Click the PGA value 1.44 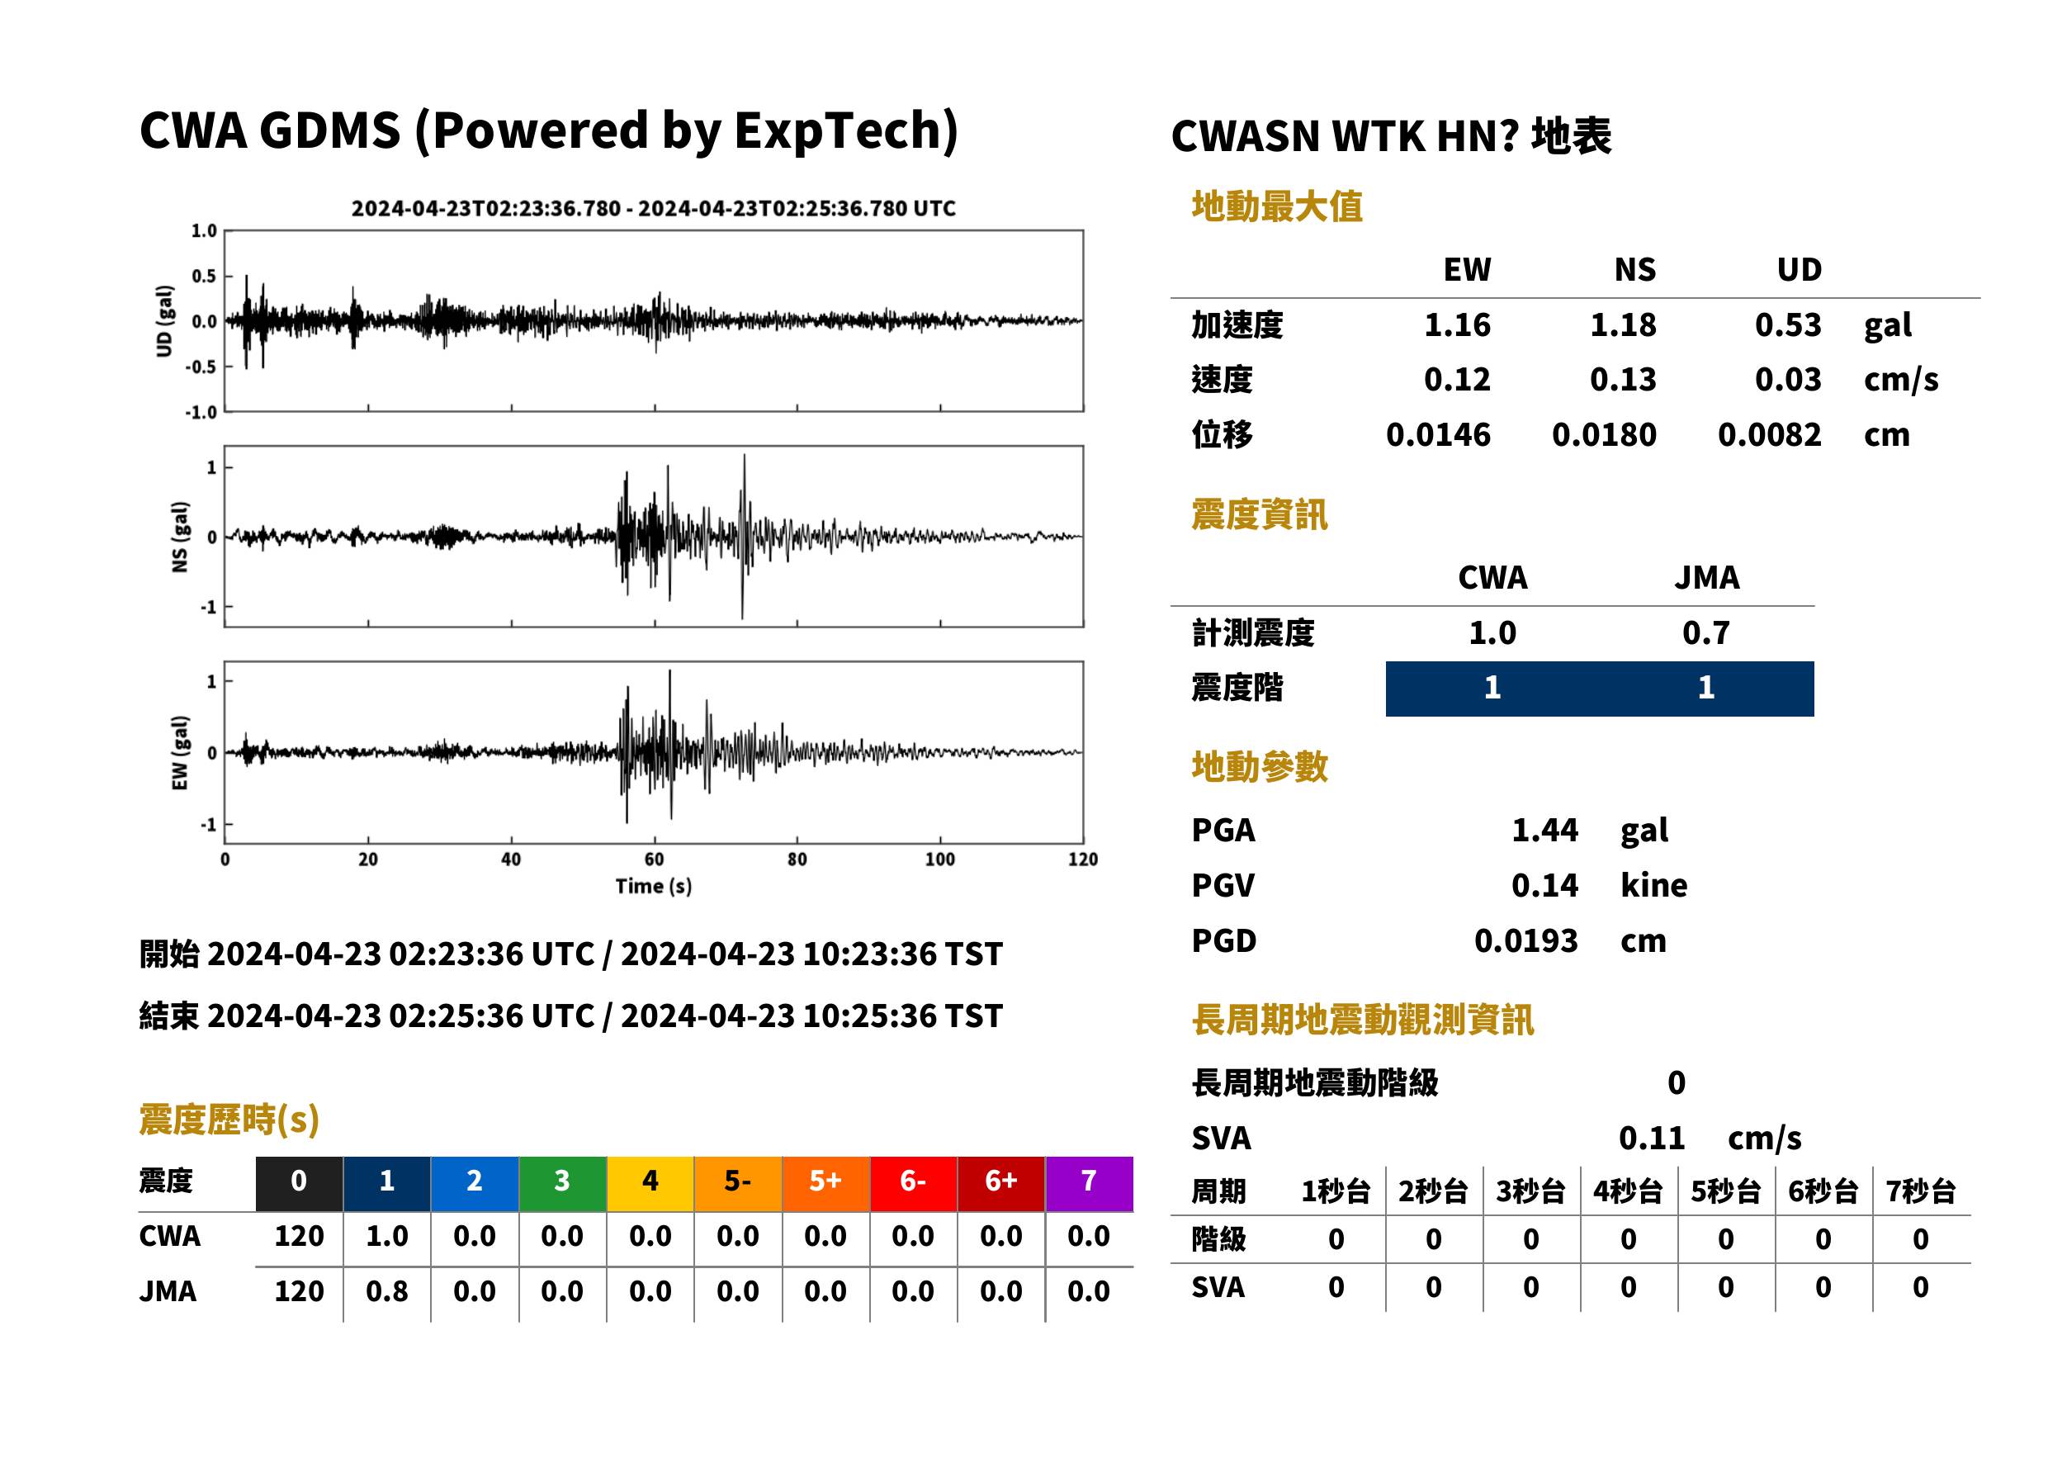pyautogui.click(x=1544, y=830)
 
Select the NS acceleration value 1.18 pyautogui.click(x=1623, y=324)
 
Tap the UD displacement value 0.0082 pyautogui.click(x=1769, y=434)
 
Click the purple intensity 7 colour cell pyautogui.click(x=1089, y=1182)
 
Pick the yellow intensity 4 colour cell pyautogui.click(x=650, y=1182)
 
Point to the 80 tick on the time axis pyautogui.click(x=797, y=859)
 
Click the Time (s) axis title pyautogui.click(x=654, y=887)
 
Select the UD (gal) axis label pyautogui.click(x=164, y=320)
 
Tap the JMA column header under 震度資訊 pyautogui.click(x=1707, y=577)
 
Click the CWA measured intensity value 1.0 pyautogui.click(x=1492, y=632)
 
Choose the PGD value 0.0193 pyautogui.click(x=1525, y=940)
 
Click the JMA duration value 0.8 pyautogui.click(x=386, y=1291)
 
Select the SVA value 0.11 pyautogui.click(x=1652, y=1138)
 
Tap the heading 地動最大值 pyautogui.click(x=1277, y=206)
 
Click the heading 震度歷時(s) pyautogui.click(x=229, y=1120)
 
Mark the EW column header pyautogui.click(x=1467, y=269)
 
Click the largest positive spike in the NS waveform pyautogui.click(x=744, y=457)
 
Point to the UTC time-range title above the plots pyautogui.click(x=653, y=208)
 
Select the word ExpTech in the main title pyautogui.click(x=845, y=130)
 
